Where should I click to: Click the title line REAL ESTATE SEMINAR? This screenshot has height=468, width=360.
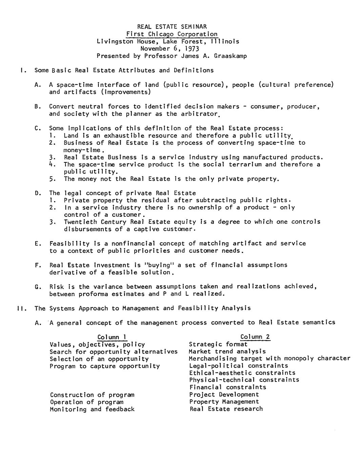172,27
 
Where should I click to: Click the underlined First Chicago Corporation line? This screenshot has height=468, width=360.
172,34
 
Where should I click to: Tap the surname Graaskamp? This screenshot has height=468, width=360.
230,56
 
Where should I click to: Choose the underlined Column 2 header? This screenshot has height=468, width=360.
255,337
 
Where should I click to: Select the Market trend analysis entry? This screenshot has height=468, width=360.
227,352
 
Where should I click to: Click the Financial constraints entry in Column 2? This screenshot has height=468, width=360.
227,387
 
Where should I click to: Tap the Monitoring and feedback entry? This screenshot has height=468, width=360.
92,409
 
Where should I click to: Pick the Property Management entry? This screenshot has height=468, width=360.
224,402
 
